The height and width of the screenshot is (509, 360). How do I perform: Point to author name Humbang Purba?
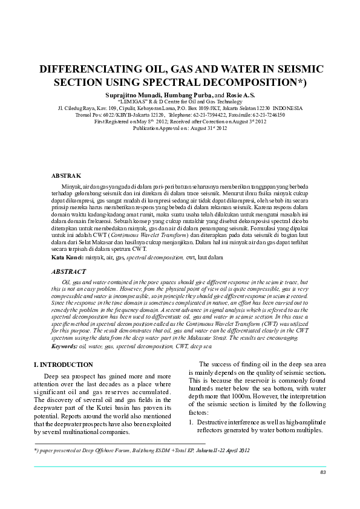[185, 95]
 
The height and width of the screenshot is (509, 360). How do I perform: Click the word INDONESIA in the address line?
[288, 108]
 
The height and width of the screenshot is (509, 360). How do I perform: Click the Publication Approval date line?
[180, 128]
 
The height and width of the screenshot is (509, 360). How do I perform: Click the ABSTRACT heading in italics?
[69, 272]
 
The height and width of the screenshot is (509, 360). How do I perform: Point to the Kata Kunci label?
[67, 257]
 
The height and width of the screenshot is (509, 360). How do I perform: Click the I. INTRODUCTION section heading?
[64, 365]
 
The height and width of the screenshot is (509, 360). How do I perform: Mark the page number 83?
[323, 472]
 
